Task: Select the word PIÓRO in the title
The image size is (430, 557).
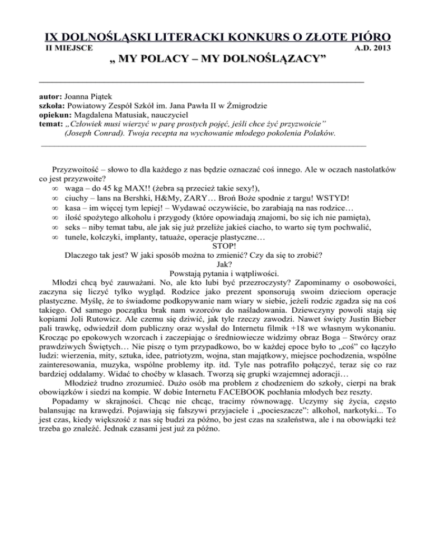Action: point(362,37)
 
